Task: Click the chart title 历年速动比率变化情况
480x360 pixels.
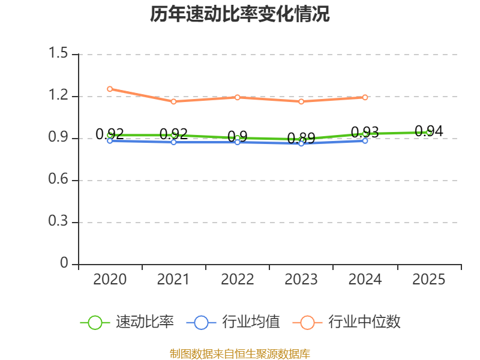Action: pos(240,14)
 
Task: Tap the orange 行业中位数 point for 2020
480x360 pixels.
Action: pos(110,89)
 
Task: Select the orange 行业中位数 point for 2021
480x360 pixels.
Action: pos(173,101)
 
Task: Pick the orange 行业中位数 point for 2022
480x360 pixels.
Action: pos(237,97)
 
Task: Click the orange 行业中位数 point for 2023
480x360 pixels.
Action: pos(301,101)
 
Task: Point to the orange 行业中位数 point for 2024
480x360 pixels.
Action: pos(365,97)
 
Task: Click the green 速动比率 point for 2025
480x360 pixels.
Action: pos(429,132)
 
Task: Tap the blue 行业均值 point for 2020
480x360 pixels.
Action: pos(110,141)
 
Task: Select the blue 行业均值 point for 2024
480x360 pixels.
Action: pos(365,140)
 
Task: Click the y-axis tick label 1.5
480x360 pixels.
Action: pos(59,54)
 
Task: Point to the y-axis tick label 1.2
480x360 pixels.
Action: pos(59,96)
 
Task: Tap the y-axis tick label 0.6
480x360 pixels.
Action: pos(59,180)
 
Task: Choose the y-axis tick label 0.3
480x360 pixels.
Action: pos(59,222)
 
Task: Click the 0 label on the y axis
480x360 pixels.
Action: pos(65,264)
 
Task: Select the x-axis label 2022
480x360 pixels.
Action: pos(237,280)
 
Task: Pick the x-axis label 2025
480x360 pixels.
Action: pos(429,280)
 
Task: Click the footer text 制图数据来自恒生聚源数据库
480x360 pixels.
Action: pos(240,353)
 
